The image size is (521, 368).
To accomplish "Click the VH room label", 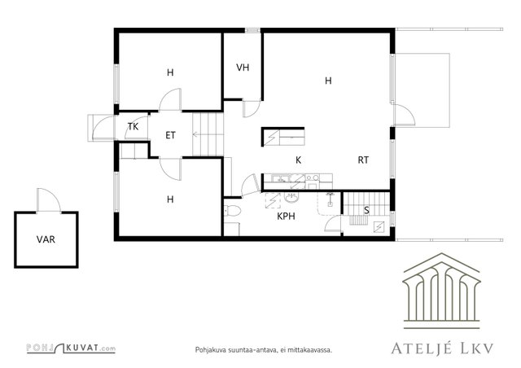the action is (x=243, y=68).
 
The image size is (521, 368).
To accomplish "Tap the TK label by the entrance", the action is (x=133, y=126).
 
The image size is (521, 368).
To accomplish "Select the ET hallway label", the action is (x=170, y=135).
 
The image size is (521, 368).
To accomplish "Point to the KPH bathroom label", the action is (x=286, y=217).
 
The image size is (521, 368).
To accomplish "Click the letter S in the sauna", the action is (x=366, y=210).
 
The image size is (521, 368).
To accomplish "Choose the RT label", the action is (x=363, y=160).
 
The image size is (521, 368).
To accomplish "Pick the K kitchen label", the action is (x=299, y=160).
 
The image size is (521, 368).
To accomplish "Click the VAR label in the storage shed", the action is (x=46, y=239).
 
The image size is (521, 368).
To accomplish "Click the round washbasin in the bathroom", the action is (x=291, y=198).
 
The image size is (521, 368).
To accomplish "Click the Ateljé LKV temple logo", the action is (x=441, y=291).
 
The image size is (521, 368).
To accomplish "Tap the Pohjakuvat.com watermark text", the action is (x=71, y=348).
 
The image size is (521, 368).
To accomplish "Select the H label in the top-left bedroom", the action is (x=170, y=72).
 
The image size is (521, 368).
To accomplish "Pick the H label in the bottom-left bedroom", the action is (x=170, y=199).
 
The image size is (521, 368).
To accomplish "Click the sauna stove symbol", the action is (x=379, y=226).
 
